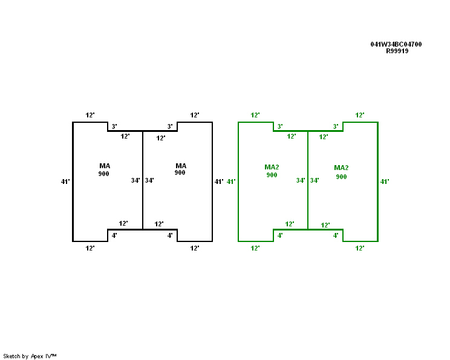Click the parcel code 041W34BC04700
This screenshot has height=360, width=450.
click(396, 44)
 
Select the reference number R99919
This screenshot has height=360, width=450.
click(397, 51)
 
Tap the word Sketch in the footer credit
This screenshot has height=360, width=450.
click(11, 356)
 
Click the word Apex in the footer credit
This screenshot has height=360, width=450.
click(37, 356)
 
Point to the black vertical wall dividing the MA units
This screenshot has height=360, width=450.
click(143, 180)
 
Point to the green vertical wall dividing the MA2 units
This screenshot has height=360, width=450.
click(308, 180)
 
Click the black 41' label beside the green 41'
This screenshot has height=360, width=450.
click(219, 182)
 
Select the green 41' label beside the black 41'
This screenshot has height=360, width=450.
click(231, 182)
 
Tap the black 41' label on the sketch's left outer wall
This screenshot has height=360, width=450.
click(65, 182)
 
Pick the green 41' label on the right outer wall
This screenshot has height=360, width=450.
click(385, 182)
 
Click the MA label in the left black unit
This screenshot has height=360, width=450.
click(105, 166)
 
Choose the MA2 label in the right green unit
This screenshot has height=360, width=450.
click(341, 168)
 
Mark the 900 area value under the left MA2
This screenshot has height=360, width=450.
click(272, 175)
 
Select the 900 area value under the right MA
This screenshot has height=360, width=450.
click(180, 172)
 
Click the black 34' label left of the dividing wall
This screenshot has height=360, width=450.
click(135, 180)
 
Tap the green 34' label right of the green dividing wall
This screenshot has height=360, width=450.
click(315, 180)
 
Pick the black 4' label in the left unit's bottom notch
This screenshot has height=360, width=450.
click(114, 235)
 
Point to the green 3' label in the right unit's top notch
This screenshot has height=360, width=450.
click(336, 126)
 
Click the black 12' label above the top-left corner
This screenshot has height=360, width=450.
click(90, 115)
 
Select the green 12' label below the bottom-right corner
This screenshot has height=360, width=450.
click(360, 248)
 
